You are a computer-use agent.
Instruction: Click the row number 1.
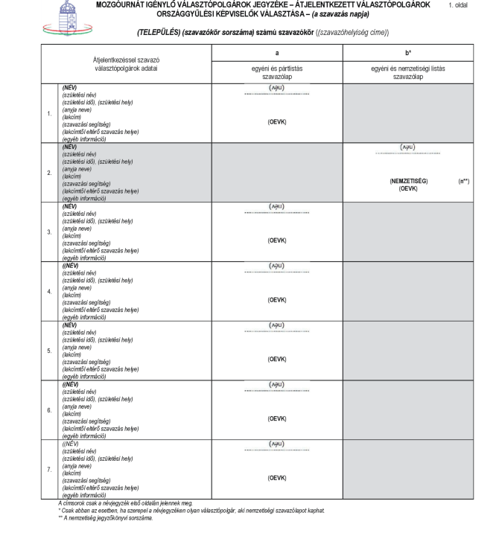coord(49,114)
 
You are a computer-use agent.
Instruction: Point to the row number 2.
coord(49,173)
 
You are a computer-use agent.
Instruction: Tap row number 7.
coord(49,470)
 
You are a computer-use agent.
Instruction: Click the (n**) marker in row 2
coord(463,181)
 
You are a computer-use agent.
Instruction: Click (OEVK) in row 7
coord(277,477)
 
